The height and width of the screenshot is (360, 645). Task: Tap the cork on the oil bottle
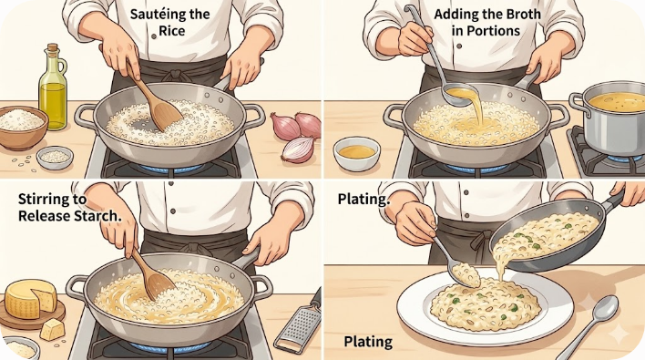(x=53, y=47)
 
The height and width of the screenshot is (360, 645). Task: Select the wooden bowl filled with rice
(x=23, y=128)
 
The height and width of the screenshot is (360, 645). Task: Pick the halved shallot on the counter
(x=299, y=149)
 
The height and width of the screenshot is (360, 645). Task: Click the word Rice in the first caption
(x=172, y=31)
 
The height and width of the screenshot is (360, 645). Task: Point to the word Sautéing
(x=153, y=15)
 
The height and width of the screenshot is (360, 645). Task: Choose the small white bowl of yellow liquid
(x=356, y=154)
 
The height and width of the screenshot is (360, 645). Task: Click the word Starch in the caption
(x=97, y=216)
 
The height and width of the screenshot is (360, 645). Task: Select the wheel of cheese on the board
(x=31, y=299)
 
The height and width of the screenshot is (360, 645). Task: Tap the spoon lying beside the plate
(x=589, y=325)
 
